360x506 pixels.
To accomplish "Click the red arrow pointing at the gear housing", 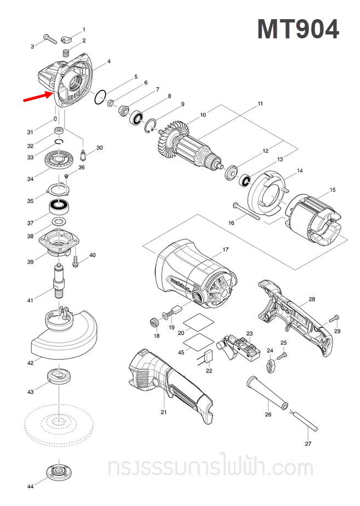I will coord(37,97).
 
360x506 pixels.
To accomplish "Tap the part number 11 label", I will coord(260,103).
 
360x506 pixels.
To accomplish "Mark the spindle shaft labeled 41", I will coord(58,279).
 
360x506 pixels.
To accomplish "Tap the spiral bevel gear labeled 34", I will coord(60,162).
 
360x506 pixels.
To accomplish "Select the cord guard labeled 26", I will coord(268,391).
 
